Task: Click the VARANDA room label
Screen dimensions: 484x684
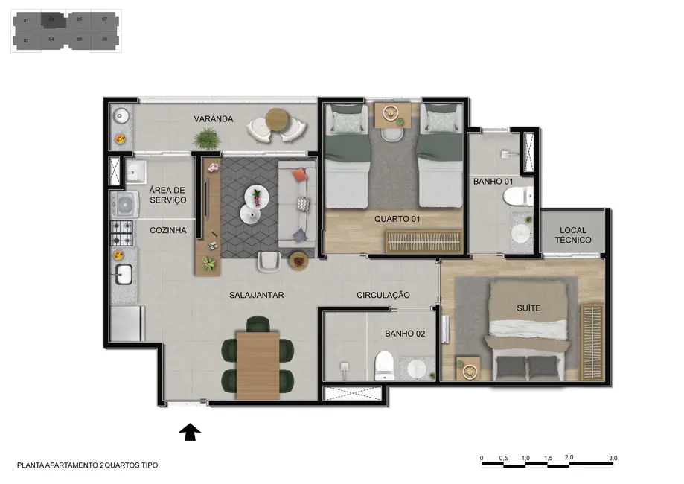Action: (x=214, y=119)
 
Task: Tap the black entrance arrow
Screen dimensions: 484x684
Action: (x=191, y=433)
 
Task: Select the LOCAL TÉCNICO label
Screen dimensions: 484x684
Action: (x=573, y=235)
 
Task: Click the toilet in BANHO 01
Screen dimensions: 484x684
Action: (x=516, y=197)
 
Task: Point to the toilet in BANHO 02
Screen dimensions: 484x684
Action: (x=384, y=363)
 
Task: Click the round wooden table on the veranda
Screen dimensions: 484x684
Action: (x=276, y=118)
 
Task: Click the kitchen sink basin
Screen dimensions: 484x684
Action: (x=123, y=274)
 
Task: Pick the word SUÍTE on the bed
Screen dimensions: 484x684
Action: (x=528, y=308)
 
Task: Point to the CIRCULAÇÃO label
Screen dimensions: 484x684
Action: (x=383, y=296)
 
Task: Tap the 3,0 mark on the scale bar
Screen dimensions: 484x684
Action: (x=613, y=458)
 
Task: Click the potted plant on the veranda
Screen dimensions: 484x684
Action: (x=206, y=138)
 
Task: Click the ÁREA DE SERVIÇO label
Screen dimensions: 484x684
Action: (x=167, y=195)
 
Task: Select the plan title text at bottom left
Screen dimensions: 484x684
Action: (x=87, y=465)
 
